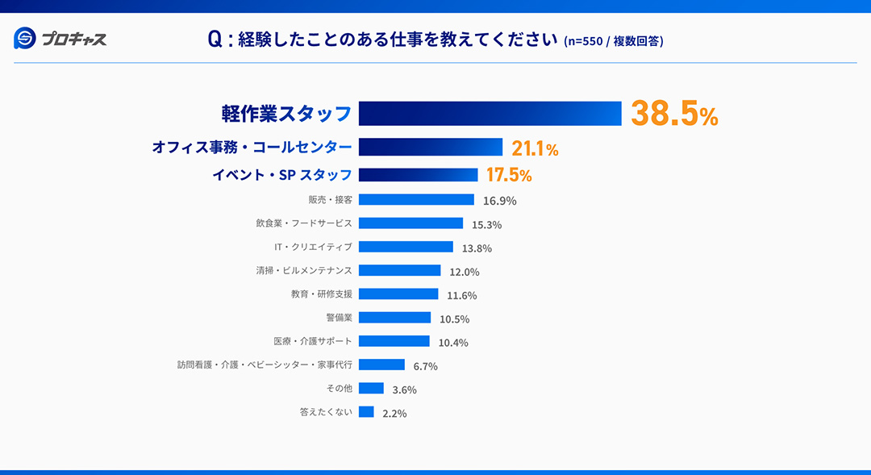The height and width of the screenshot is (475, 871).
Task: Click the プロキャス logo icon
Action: pos(25,38)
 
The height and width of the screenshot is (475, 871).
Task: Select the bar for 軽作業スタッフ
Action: pos(490,114)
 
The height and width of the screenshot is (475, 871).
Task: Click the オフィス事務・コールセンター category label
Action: pos(252,148)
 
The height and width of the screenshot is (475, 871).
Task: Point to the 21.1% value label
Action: pos(535,148)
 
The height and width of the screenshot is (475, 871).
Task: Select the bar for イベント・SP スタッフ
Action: pos(418,175)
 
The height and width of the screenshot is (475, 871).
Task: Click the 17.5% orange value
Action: pos(508,175)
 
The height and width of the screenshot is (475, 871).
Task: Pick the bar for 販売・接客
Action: pos(416,199)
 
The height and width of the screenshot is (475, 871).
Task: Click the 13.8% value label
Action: pos(477,248)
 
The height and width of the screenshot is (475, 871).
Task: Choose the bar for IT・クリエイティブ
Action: pos(406,247)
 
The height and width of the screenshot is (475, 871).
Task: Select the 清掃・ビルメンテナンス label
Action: pos(304,271)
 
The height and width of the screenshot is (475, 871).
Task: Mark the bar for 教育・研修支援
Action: pos(398,294)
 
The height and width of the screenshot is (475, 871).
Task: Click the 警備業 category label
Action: pos(339,318)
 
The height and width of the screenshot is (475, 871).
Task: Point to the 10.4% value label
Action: pos(453,343)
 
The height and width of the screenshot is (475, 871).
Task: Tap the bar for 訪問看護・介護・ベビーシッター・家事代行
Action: pos(381,365)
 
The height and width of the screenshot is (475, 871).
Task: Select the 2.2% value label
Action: pos(394,414)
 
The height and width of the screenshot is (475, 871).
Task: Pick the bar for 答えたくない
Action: pos(366,412)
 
